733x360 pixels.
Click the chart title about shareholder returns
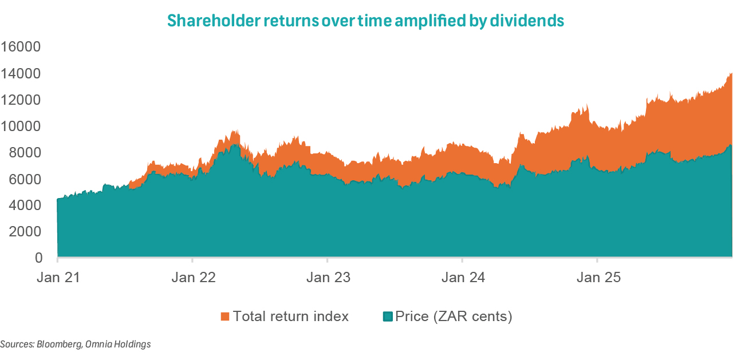click(366, 21)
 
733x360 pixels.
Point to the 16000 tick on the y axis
click(21, 47)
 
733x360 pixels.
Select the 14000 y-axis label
click(21, 73)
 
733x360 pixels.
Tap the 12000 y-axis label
click(21, 100)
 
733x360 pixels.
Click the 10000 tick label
click(21, 126)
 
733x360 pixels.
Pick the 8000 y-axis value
click(25, 152)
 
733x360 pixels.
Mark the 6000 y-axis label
click(25, 179)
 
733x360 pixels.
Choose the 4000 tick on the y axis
click(25, 205)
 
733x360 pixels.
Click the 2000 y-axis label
click(25, 231)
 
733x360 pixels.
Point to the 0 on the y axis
click(38, 258)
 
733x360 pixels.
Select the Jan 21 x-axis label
click(58, 278)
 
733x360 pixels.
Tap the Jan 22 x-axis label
click(193, 278)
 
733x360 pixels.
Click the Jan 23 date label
click(328, 278)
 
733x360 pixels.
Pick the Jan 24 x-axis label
click(463, 278)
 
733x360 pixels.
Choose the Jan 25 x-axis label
click(597, 278)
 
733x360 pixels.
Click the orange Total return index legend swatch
click(225, 317)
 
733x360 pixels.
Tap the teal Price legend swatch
click(388, 317)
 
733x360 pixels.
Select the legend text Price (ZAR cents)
click(454, 317)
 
